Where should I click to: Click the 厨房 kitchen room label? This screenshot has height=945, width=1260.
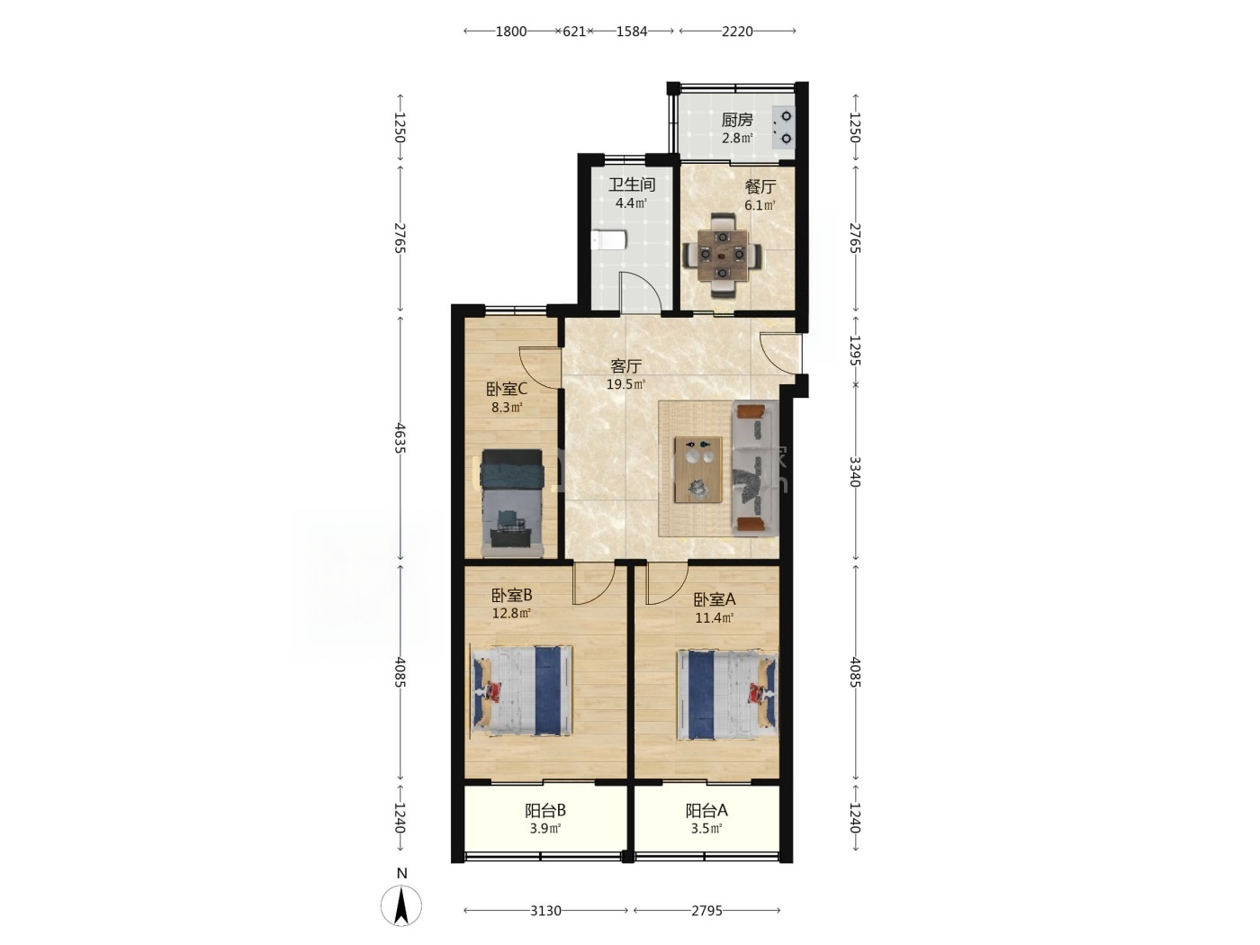coord(736,120)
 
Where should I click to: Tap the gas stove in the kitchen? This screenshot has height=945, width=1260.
coord(784,128)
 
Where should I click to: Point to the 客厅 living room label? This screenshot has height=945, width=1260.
coord(625,365)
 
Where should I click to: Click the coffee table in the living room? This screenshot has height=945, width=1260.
coord(698,469)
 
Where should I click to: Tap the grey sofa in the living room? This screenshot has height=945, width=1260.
coord(755,468)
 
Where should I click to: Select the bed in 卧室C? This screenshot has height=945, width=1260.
coord(512,503)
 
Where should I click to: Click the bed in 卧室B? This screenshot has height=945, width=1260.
coord(522,691)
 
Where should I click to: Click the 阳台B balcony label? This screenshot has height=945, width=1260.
coord(545,810)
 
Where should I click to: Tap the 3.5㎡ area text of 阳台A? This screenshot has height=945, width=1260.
coord(706,829)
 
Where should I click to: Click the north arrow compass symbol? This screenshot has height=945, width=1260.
coord(401,904)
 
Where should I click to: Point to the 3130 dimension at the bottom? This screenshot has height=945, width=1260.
coord(545,911)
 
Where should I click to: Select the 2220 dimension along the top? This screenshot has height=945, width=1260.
coord(737,31)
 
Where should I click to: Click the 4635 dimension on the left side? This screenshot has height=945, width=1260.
coord(400,438)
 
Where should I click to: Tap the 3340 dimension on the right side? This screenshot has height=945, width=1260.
coord(855,472)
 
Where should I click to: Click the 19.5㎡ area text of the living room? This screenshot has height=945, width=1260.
coord(625,384)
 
